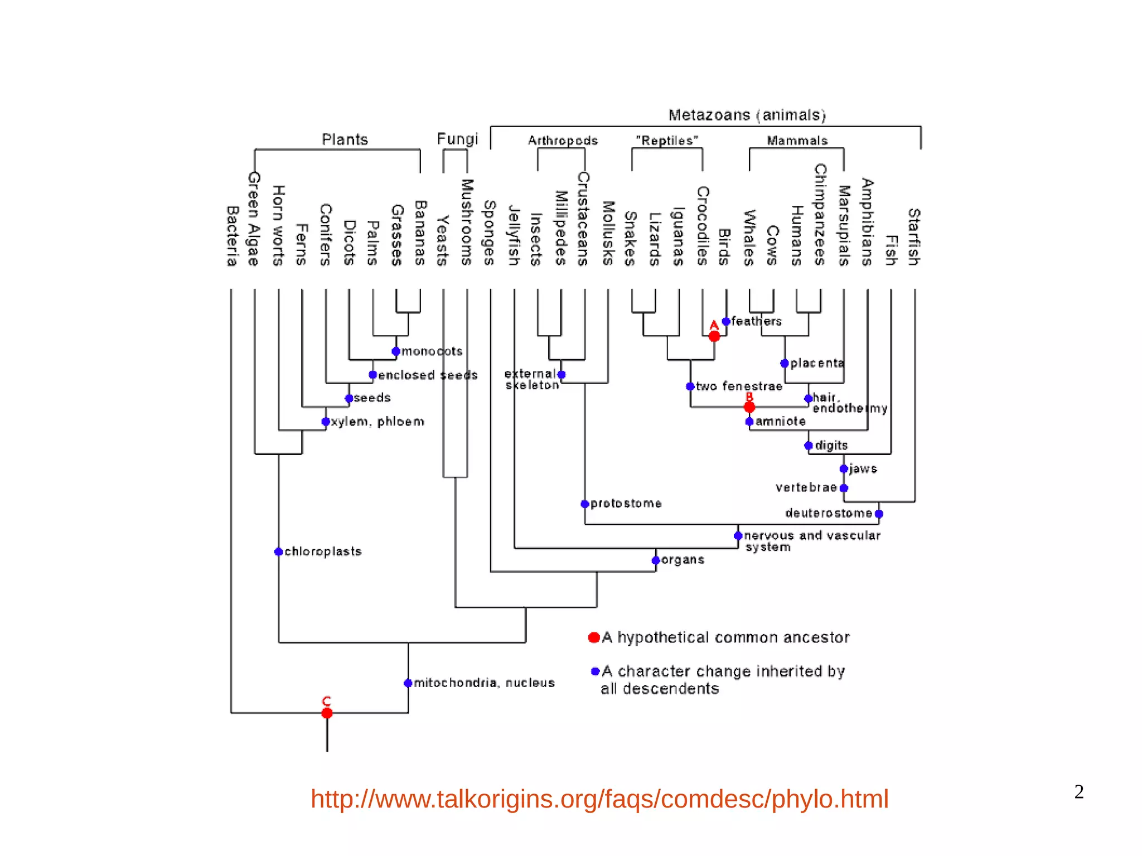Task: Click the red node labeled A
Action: tap(714, 336)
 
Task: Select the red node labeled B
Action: tap(749, 408)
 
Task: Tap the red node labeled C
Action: tap(327, 713)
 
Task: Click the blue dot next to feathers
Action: tap(726, 321)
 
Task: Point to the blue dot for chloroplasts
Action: tap(279, 552)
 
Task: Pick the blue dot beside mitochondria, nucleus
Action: tap(408, 683)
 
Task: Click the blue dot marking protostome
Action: tap(585, 504)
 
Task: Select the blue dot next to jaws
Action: tap(844, 469)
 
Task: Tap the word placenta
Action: tap(817, 363)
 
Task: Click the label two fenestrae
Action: tap(739, 386)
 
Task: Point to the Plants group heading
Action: tap(345, 139)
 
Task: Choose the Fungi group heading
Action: tap(457, 139)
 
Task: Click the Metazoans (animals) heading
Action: tap(747, 115)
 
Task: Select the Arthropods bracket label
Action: tap(563, 141)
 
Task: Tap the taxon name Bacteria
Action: tap(233, 236)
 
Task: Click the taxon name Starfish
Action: tap(914, 237)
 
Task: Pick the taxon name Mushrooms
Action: tap(467, 222)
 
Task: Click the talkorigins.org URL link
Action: tap(599, 799)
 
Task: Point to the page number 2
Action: tap(1079, 792)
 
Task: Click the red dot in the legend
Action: tap(594, 637)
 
